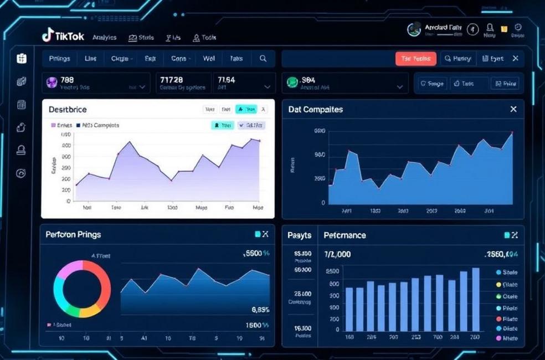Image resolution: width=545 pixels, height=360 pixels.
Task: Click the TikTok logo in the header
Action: tap(63, 37)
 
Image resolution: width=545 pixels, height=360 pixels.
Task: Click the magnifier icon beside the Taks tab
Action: tap(263, 58)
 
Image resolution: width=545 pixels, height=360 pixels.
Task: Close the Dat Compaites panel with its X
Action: tap(513, 109)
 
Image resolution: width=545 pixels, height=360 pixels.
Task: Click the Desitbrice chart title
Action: tap(68, 110)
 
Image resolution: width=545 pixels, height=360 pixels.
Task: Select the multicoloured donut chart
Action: tap(82, 289)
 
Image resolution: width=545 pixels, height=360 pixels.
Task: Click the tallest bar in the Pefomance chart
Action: tap(476, 299)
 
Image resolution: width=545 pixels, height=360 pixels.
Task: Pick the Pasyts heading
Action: tap(299, 235)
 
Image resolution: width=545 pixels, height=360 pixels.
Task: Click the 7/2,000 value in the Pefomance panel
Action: tap(337, 254)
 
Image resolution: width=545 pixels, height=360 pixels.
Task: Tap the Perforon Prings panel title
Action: tap(73, 235)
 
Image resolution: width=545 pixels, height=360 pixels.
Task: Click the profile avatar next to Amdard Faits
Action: tap(414, 30)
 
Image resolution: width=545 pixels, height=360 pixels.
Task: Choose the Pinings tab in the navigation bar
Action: tap(59, 58)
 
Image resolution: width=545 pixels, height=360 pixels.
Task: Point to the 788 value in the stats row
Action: tap(67, 80)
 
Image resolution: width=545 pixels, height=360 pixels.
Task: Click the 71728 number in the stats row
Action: tap(171, 80)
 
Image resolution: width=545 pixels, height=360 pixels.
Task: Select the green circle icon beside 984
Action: tap(292, 83)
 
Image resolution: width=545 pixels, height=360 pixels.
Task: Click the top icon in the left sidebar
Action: tap(22, 58)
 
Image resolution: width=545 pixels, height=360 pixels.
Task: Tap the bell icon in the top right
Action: tap(490, 28)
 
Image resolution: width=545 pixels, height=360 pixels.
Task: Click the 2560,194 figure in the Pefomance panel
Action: tap(501, 254)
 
